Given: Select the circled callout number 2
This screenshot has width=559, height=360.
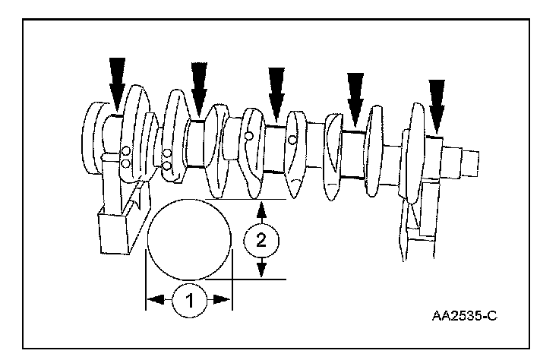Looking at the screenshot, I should (x=261, y=242).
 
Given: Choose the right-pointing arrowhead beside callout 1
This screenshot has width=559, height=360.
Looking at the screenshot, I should (x=223, y=300).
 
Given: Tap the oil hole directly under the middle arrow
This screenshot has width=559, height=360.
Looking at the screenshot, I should (x=248, y=137).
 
